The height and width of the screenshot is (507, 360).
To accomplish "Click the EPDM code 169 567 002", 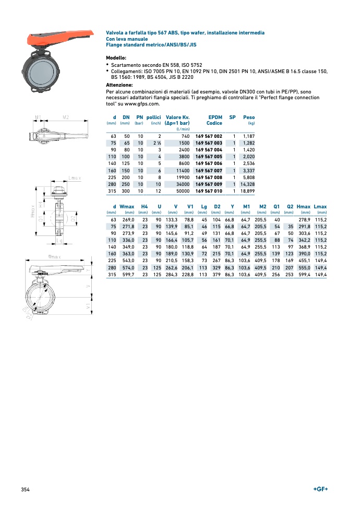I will click(x=209, y=136).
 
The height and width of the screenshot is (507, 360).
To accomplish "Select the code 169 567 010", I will click(x=209, y=191).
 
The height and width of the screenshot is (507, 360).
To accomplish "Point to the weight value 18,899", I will click(x=247, y=191).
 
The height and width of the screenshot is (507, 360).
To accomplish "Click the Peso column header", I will click(x=249, y=117).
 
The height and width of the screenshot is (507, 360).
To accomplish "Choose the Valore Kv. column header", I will click(x=177, y=117).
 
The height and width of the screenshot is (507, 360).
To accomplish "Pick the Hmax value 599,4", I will click(x=303, y=274).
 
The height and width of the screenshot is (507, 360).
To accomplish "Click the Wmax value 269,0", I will click(x=128, y=219).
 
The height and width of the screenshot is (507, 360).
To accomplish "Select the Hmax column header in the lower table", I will click(x=303, y=207).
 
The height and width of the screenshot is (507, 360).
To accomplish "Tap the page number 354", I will click(x=25, y=489).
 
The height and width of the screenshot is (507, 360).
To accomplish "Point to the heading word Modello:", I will click(x=116, y=57).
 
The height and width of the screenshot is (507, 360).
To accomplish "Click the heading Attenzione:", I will click(x=119, y=85).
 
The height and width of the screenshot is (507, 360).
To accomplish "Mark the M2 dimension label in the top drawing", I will click(x=66, y=117).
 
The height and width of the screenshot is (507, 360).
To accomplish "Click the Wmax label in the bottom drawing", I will click(x=54, y=257).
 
